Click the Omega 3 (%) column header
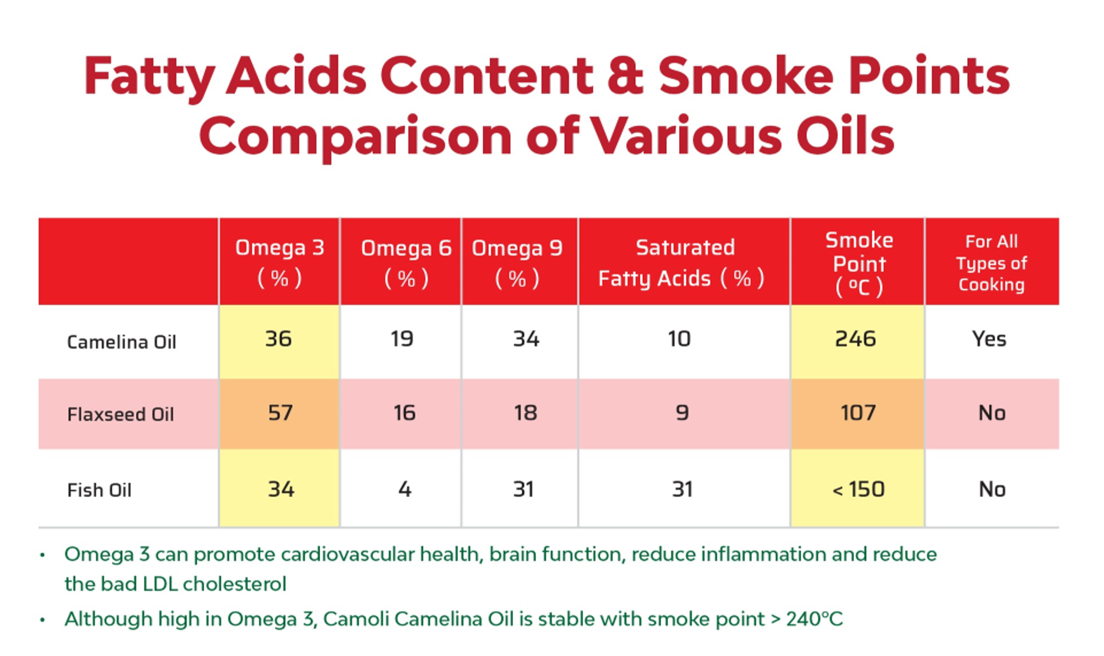[279, 262]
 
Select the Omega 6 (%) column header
[406, 262]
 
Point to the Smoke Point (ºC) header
[859, 263]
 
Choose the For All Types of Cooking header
[991, 263]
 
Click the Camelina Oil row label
[122, 342]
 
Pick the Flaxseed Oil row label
[120, 415]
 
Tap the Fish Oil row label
[99, 491]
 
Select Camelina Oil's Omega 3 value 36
[279, 339]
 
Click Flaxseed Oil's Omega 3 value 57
[280, 413]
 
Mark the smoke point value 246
[856, 339]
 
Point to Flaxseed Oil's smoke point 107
[858, 413]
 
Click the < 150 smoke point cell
[858, 489]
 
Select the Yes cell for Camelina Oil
[989, 339]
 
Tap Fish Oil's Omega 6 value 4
[405, 489]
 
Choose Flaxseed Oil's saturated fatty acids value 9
[682, 413]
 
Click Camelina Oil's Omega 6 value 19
[402, 339]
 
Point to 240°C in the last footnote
[814, 619]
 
